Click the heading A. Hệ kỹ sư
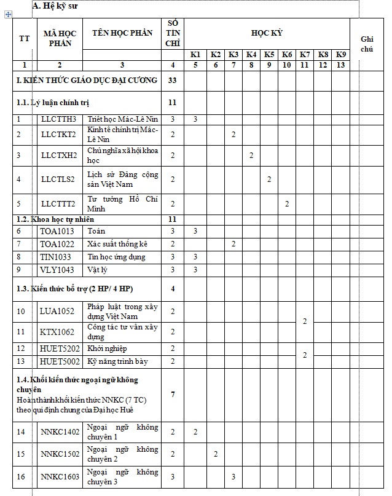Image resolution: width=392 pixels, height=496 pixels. [55, 6]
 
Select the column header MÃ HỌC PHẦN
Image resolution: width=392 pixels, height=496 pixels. [59, 38]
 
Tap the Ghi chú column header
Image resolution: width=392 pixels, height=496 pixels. [367, 44]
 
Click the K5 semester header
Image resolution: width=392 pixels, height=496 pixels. [269, 55]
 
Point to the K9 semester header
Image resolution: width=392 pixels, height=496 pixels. [340, 55]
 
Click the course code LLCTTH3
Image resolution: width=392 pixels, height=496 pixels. [59, 119]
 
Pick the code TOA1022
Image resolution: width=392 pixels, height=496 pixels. [57, 244]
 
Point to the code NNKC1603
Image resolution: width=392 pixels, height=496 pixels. [60, 476]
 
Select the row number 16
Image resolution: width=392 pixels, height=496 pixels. [21, 476]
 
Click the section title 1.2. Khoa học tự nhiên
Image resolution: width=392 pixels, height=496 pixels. [55, 219]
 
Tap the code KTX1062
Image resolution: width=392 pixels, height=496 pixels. [57, 332]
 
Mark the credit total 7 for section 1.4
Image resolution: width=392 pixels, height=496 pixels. [173, 394]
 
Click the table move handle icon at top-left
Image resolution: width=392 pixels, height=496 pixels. [8, 14]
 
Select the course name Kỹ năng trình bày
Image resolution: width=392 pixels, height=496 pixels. [117, 361]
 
